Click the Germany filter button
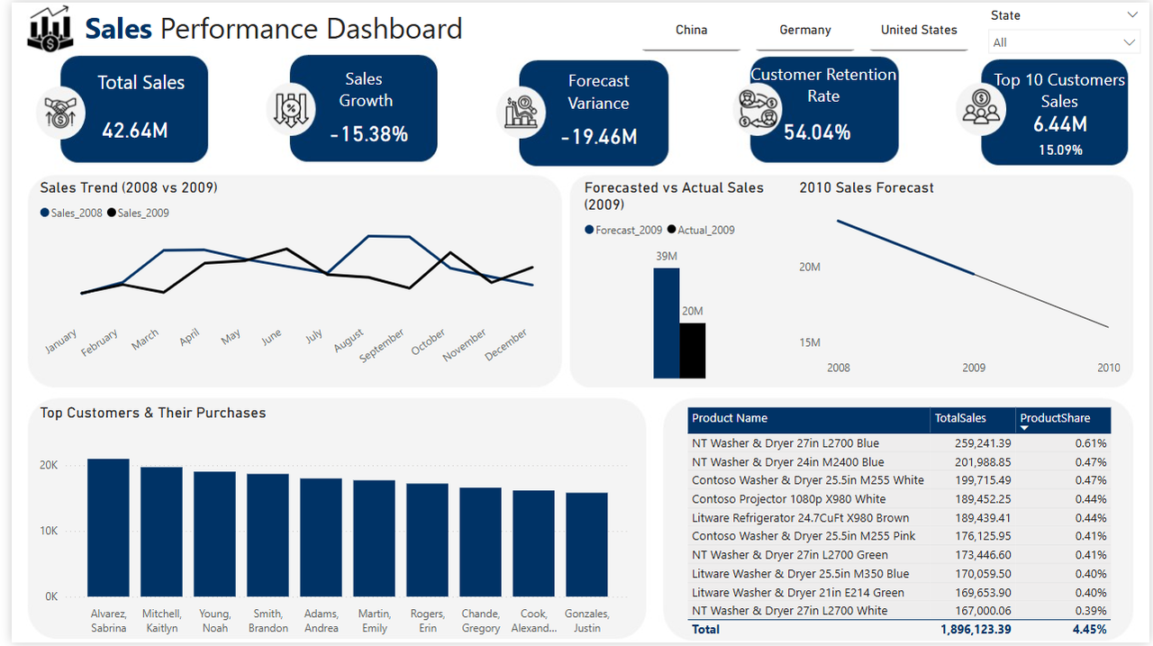(804, 31)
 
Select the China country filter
(691, 31)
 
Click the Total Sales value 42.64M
(134, 131)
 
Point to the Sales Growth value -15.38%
(368, 134)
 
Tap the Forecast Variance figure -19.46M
(598, 137)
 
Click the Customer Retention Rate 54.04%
(817, 132)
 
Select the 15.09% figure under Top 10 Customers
(1060, 150)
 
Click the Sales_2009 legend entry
(142, 214)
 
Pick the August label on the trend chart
(348, 340)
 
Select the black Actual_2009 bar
(692, 350)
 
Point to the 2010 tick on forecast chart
(1108, 368)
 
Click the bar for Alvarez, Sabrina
(108, 527)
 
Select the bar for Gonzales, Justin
(586, 544)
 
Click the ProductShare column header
(1054, 418)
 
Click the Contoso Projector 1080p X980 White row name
(788, 499)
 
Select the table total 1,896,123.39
(988, 630)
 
